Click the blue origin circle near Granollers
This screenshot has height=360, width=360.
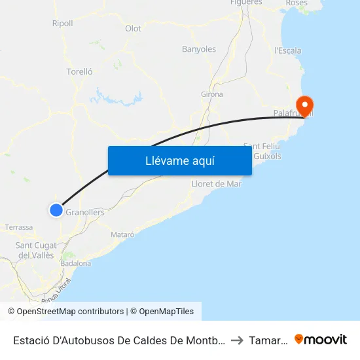(56, 210)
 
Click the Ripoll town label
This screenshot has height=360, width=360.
(62, 24)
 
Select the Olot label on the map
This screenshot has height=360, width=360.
(133, 29)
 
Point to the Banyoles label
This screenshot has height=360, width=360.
(198, 49)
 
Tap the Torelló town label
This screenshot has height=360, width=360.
(79, 72)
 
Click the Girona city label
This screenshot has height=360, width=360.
(211, 94)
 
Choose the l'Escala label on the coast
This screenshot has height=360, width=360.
(288, 50)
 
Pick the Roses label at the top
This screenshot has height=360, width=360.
(297, 3)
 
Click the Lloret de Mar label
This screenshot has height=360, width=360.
(216, 184)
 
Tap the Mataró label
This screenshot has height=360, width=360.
(123, 234)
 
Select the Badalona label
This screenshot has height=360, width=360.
(75, 263)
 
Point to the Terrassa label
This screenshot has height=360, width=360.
(19, 227)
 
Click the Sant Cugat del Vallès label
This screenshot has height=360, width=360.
(35, 250)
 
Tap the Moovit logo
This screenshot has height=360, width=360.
(320, 340)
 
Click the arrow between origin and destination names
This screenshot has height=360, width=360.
(236, 340)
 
